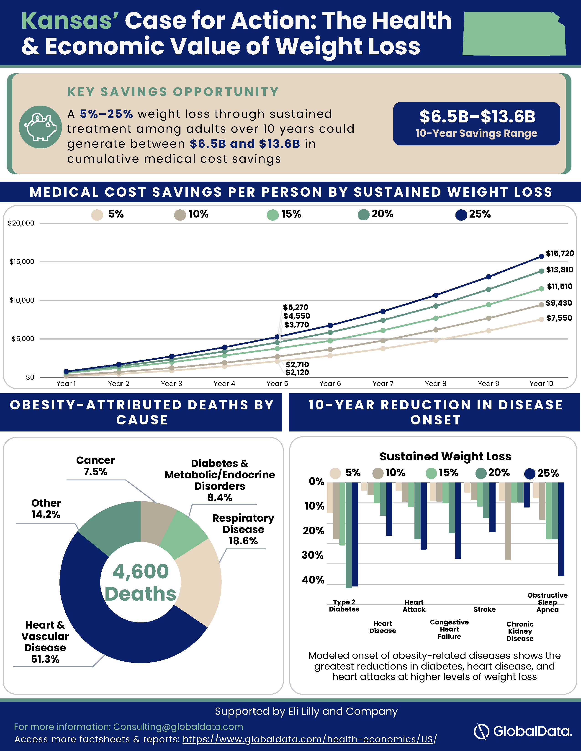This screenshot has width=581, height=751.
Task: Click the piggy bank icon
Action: [41, 127]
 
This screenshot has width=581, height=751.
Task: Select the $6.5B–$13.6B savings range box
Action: [476, 123]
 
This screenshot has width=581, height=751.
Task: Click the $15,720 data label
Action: [560, 254]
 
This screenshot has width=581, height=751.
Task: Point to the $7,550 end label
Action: [559, 318]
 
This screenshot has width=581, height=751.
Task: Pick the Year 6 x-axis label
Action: [330, 383]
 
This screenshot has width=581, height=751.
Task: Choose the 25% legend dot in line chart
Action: [461, 215]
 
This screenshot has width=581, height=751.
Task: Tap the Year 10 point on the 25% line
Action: [541, 256]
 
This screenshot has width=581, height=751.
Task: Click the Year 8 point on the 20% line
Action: [436, 306]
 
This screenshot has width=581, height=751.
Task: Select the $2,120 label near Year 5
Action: [297, 372]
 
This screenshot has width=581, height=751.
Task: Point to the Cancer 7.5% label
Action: [95, 466]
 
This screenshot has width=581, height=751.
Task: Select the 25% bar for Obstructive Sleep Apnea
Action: [561, 529]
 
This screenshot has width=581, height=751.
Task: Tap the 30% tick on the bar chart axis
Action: [313, 555]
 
